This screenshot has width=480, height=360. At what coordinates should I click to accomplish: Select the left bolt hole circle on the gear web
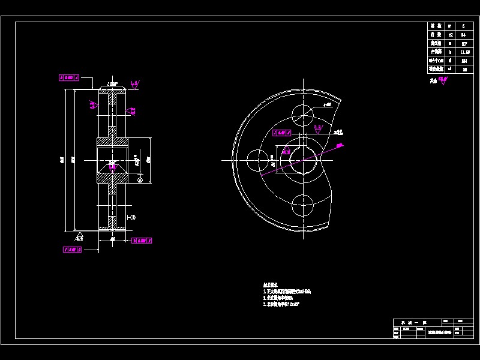258,160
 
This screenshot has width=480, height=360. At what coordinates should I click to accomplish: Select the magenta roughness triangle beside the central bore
286,152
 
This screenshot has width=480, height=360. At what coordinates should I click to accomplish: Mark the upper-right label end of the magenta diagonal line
340,145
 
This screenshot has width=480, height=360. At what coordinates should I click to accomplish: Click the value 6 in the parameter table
463,26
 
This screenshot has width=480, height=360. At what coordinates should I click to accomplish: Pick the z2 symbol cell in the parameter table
450,35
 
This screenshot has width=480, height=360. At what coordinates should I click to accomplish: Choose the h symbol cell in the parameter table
450,52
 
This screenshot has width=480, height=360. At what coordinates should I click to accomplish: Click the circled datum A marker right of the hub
140,179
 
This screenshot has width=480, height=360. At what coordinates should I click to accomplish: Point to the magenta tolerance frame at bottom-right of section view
141,240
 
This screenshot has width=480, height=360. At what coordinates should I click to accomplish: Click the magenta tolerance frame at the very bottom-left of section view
72,250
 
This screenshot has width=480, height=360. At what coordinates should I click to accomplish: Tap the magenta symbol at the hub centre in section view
112,163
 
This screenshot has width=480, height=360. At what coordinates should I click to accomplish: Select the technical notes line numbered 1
287,291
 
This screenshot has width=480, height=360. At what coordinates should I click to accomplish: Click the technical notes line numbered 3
281,304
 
